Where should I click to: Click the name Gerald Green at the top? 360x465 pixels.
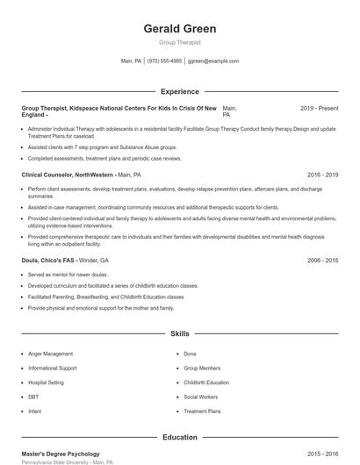pos(179,29)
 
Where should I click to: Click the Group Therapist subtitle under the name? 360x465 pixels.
pos(179,42)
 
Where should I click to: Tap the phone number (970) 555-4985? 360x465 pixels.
pos(164,61)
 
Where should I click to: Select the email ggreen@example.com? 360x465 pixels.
pos(213,61)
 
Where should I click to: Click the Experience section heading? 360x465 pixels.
pos(179,91)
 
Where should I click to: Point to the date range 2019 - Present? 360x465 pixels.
pos(319,108)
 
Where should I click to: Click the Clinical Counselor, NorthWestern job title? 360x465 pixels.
pos(67,175)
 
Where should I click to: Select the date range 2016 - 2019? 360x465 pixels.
pos(322,175)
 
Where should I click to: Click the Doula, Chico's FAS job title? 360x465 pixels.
pos(48,261)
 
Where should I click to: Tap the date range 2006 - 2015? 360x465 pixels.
pos(322,261)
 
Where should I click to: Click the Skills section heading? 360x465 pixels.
pos(179,334)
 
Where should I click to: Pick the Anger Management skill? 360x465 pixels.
pos(51,354)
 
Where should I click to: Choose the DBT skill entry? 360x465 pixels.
pos(32,397)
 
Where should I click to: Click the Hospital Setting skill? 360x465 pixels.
pos(47,383)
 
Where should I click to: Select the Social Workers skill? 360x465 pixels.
pos(201,397)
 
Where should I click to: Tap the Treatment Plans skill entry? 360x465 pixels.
pos(202,411)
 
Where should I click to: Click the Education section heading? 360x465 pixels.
pos(179,437)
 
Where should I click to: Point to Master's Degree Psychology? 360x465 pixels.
pos(61,454)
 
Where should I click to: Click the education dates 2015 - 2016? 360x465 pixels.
pos(322,454)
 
